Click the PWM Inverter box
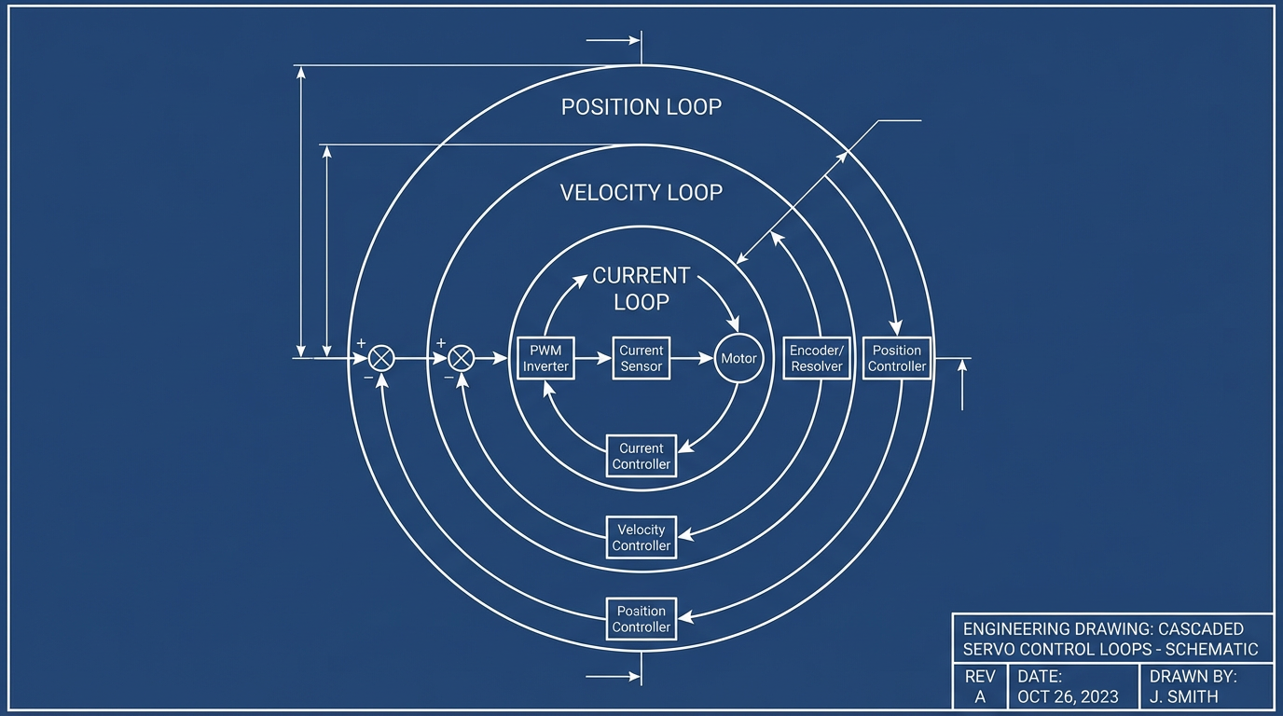click(x=545, y=358)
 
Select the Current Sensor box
click(x=641, y=358)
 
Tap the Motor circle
click(x=738, y=358)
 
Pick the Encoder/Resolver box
click(x=816, y=358)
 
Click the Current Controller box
click(x=641, y=456)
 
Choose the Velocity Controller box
click(x=641, y=537)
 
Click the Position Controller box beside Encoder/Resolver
click(x=896, y=358)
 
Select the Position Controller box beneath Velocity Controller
click(x=641, y=619)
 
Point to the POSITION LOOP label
click(x=641, y=107)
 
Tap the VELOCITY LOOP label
click(x=641, y=193)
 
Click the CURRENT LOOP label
click(x=641, y=288)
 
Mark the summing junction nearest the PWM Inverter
click(x=462, y=358)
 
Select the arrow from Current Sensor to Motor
click(x=692, y=358)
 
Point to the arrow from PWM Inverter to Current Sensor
click(x=593, y=358)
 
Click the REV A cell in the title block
click(x=979, y=687)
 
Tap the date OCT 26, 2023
click(x=1068, y=696)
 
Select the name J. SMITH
click(x=1184, y=696)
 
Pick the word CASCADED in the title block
click(x=1202, y=628)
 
